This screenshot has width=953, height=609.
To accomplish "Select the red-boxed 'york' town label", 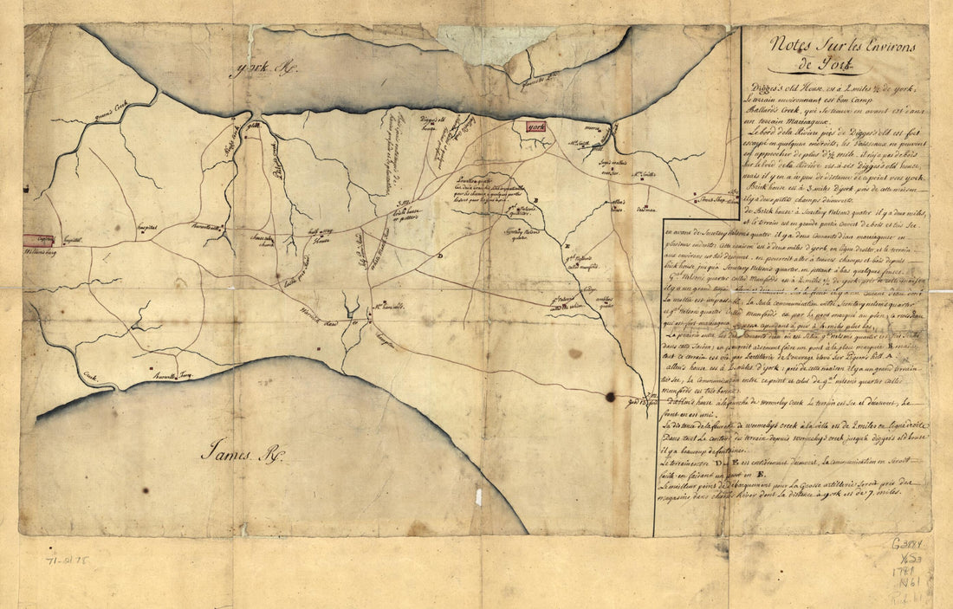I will (536, 127).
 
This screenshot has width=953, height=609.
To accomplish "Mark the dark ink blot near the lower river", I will (610, 397).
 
